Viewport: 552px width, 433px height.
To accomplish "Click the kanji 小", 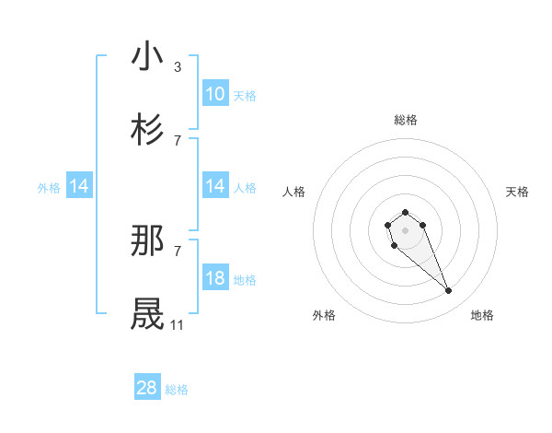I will coord(148,57).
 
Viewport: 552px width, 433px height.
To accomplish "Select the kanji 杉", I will coord(148,129).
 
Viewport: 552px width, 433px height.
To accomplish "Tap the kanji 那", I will coord(148,240).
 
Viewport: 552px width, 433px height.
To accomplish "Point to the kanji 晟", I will coord(148,313).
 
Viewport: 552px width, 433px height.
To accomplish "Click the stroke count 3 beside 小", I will coord(178,67).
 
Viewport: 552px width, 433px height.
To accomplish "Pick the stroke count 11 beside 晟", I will coord(177,325).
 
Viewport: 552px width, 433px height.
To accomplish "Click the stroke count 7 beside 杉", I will coord(178,140).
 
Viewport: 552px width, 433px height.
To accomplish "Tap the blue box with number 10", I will coord(214,94).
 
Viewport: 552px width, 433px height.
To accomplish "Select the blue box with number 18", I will coord(214,278).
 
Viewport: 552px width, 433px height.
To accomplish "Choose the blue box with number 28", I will coord(147,388).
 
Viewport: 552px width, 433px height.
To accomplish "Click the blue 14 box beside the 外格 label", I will coord(79,187).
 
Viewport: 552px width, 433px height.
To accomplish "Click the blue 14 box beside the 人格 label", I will coord(214,187).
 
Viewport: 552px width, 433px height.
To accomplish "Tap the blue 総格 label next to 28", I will coord(177,390).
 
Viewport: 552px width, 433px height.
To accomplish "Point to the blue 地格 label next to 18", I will coord(245,280).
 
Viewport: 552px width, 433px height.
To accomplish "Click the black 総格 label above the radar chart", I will coord(406,120).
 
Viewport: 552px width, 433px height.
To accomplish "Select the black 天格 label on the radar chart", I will coord(517,192).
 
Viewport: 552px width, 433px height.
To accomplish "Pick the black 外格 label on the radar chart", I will coord(324,315).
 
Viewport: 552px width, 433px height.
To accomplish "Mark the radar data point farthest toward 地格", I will coord(449,291).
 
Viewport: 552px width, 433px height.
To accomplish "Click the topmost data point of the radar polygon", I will coord(405,213).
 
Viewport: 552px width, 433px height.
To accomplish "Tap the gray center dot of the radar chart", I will coord(405,228).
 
